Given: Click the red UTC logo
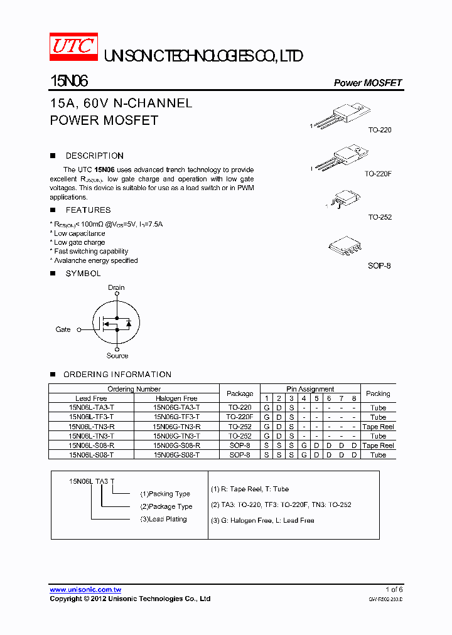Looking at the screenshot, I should coord(73,46).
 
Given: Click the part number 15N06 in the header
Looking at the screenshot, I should coord(69,82).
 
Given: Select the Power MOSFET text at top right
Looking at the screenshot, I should coord(367,83).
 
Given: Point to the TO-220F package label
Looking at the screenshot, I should coord(378,173).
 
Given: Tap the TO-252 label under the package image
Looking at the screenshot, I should coord(380,217).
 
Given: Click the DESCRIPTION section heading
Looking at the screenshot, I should coord(94,156).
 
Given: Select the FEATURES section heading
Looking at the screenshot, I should coord(88,210).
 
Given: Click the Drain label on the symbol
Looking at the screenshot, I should coord(116,287).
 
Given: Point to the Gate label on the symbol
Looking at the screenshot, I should coord(63,329).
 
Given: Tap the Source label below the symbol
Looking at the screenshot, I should coord(117,356).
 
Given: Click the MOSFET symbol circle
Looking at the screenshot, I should coord(116,323).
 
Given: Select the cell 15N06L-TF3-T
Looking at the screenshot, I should coord(92,417).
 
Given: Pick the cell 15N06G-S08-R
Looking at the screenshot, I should coord(176,446).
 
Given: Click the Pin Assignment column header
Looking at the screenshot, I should coord(310,389).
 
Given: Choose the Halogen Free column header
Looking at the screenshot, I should coord(176,398).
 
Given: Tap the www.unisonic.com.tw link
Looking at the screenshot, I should coord(85,590).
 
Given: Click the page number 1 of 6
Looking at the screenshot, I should coord(394,589).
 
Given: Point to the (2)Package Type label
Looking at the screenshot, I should coord(166,506).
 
